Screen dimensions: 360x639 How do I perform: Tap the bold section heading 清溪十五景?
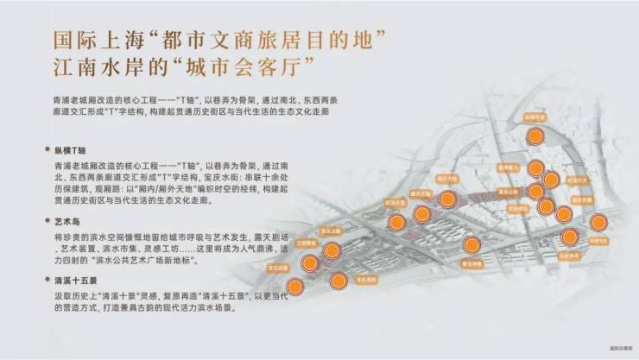75,280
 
